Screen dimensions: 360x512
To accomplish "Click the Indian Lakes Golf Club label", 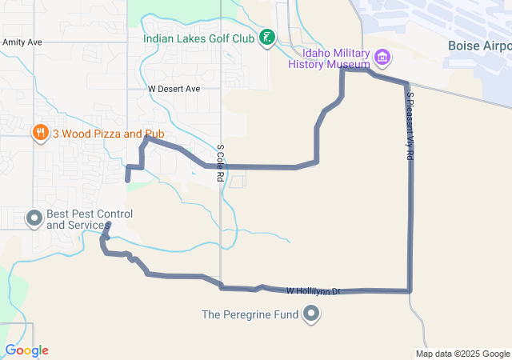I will coord(199,38).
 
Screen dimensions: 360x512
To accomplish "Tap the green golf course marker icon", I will coord(268,38).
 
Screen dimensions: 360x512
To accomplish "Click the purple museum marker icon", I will coord(382,57).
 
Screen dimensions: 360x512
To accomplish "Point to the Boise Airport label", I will coord(479,45).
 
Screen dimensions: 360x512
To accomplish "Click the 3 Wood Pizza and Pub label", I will coord(98,134).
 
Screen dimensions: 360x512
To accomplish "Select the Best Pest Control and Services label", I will coord(90,219).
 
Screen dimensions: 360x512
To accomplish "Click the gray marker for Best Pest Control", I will coord(34,218).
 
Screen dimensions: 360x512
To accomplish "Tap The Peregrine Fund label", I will coord(250,314).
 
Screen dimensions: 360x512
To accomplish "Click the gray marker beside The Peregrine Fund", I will coord(310,314).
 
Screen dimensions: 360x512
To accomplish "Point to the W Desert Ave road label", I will coord(174,89).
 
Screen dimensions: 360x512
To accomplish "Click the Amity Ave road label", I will coord(22,42).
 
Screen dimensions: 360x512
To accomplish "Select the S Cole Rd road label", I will coord(219,162).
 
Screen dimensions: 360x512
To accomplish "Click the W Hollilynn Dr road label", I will coord(314,291).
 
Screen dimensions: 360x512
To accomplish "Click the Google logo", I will coord(26,350).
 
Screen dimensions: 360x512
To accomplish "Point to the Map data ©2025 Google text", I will coord(462,354).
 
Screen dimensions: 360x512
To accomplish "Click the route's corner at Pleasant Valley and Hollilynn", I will coord(410,290).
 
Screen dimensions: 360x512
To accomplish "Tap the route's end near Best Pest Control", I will coord(108,226).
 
